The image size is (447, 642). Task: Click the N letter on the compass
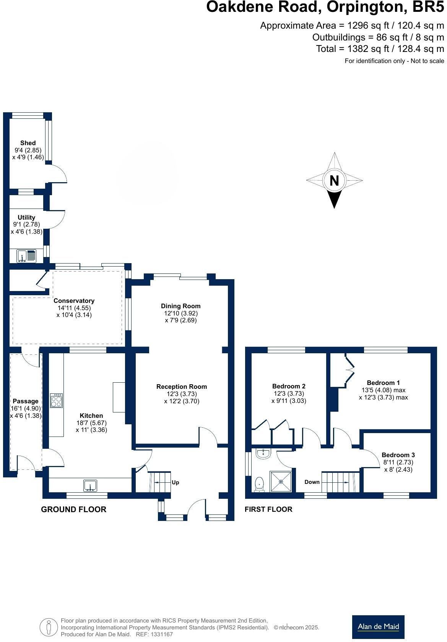[x=334, y=181]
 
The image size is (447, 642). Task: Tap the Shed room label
[x=28, y=143]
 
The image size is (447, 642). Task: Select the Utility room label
[x=26, y=217]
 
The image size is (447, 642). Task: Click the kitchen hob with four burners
[x=56, y=400]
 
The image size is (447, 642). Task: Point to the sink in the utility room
[x=26, y=256]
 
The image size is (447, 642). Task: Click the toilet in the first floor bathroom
[x=259, y=484]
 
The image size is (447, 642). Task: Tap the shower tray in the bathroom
[x=281, y=482]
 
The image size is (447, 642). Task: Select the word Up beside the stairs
[x=175, y=482]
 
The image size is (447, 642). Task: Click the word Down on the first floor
[x=312, y=482]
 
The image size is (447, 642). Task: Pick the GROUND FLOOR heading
[x=74, y=509]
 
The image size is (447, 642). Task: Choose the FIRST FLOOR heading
[x=268, y=509]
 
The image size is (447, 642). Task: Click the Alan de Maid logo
[x=378, y=627]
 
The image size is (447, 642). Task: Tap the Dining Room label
[x=181, y=306]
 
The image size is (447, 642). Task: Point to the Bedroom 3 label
[x=398, y=455]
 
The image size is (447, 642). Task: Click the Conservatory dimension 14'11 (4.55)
[x=74, y=308]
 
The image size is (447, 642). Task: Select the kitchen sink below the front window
[x=90, y=485]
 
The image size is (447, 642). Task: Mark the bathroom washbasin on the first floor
[x=263, y=454]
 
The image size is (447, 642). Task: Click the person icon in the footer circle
[x=49, y=627]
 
